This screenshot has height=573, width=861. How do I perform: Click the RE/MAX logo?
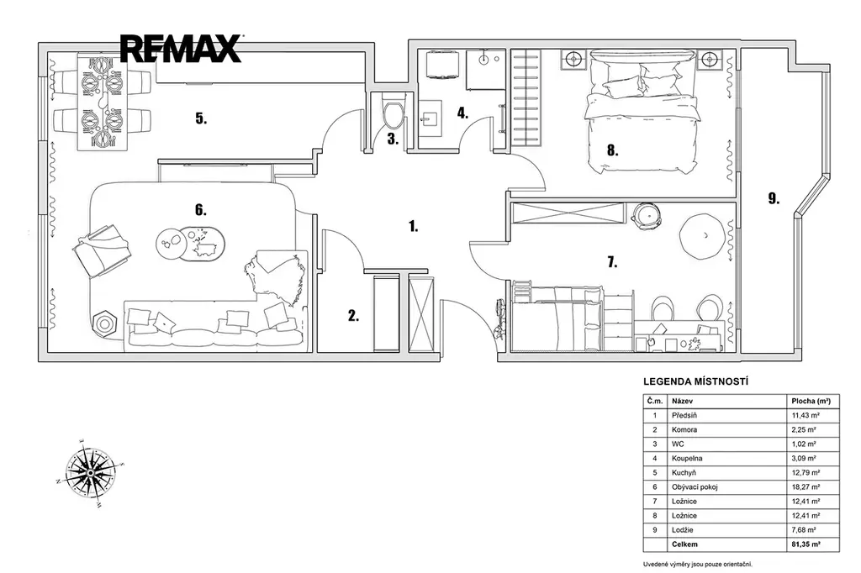click(x=181, y=48)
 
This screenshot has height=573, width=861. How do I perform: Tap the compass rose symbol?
click(x=90, y=472)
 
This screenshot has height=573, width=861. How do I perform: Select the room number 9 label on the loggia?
click(x=774, y=198)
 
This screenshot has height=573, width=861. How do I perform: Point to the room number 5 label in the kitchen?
click(x=201, y=118)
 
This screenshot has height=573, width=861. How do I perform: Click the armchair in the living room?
click(x=102, y=251)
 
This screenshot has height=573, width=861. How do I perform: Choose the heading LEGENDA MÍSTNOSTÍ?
click(x=695, y=382)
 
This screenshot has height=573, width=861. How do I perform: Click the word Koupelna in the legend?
click(x=687, y=458)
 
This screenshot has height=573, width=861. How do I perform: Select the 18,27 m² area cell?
click(x=806, y=486)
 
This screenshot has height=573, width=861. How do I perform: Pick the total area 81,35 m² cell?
click(x=806, y=544)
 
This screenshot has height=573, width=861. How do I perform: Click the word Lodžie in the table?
click(x=683, y=530)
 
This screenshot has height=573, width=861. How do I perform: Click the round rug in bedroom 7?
click(x=700, y=236)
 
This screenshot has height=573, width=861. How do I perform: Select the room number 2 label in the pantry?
click(x=353, y=316)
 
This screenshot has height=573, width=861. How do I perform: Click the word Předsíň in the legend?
click(x=684, y=416)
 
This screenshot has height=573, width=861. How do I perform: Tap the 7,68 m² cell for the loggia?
click(x=803, y=530)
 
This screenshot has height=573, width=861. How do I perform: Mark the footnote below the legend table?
click(x=697, y=565)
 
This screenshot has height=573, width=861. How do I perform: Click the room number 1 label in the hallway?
click(x=413, y=225)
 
